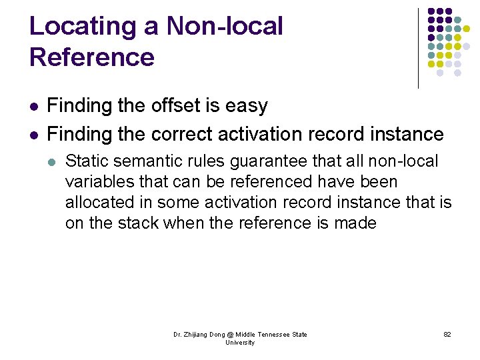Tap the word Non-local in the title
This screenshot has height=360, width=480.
pos(225,27)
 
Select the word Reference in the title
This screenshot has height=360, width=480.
pos(92,57)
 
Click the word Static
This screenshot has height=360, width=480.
pos(86,161)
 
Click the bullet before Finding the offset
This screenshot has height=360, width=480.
pos(34,107)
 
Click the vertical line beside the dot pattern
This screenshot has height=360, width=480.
pos(418,48)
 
